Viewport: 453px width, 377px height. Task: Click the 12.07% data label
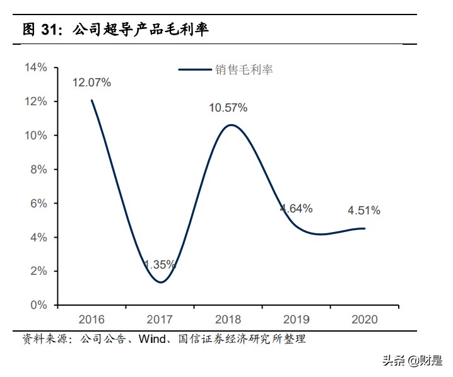tap(91, 82)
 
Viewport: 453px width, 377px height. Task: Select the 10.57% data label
tap(228, 108)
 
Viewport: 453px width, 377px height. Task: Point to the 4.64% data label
tap(297, 208)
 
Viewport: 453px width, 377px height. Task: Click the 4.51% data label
tap(365, 211)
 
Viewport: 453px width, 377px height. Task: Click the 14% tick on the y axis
tap(35, 67)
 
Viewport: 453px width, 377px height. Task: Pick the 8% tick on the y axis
tap(38, 169)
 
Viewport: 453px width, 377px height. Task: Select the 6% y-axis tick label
tap(38, 203)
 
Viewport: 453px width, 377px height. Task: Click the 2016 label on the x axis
tap(91, 320)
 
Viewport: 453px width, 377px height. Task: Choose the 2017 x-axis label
tap(160, 320)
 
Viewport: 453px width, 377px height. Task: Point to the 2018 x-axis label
tap(228, 320)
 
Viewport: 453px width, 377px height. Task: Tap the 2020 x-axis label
tap(365, 320)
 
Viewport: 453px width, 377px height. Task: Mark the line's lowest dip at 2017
tap(160, 282)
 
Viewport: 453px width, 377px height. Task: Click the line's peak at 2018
tap(232, 125)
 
